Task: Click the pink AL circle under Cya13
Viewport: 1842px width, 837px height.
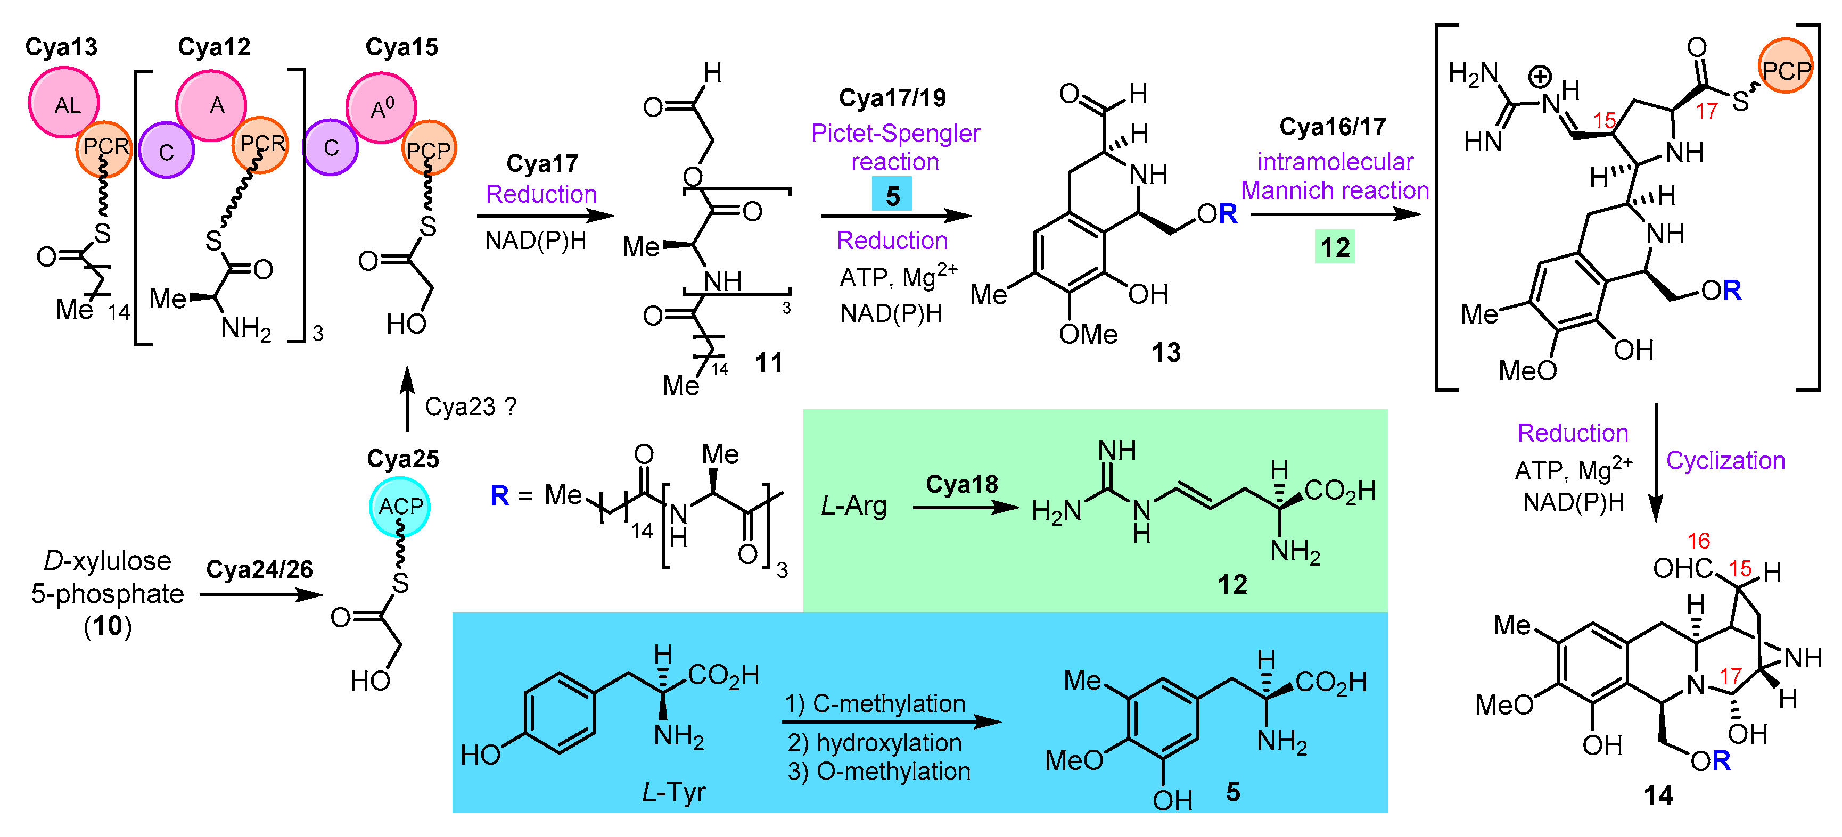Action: tap(64, 103)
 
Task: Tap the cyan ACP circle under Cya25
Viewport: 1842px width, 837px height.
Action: tap(400, 506)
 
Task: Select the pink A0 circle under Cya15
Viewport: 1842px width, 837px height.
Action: tap(381, 107)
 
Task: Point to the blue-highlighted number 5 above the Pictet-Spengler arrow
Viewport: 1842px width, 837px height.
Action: tap(892, 195)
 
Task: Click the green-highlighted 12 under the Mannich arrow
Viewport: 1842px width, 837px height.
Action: tap(1334, 247)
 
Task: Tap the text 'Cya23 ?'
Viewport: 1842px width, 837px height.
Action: tap(470, 407)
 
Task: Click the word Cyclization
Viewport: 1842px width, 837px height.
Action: tap(1725, 460)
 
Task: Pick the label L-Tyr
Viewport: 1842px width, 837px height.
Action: tap(673, 792)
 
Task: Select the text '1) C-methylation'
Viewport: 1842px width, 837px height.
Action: tap(875, 703)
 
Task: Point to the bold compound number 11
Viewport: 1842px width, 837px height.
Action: tap(769, 362)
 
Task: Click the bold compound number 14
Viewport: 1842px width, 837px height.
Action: tap(1657, 795)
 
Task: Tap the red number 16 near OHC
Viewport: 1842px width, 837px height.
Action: tap(1698, 541)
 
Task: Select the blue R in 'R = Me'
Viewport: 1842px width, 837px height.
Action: tap(499, 495)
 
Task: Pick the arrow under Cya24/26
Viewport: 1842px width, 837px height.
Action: tap(261, 594)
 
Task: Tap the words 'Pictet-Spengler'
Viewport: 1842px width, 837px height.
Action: tap(895, 133)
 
